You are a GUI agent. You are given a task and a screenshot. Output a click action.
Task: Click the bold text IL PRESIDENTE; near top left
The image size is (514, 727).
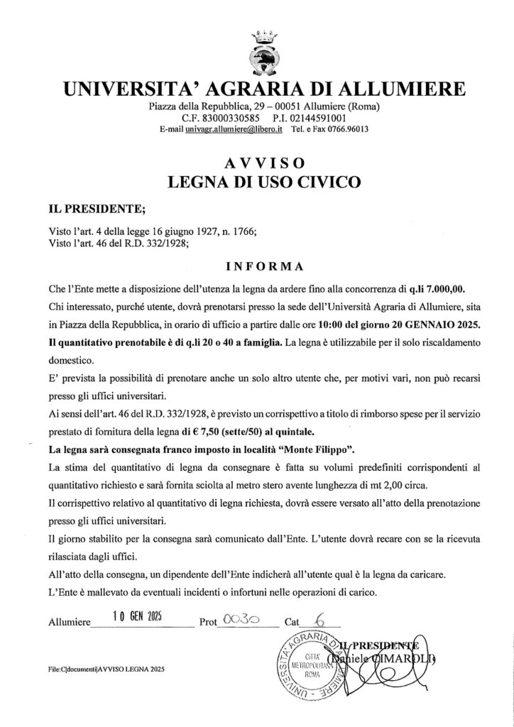coord(87,209)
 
